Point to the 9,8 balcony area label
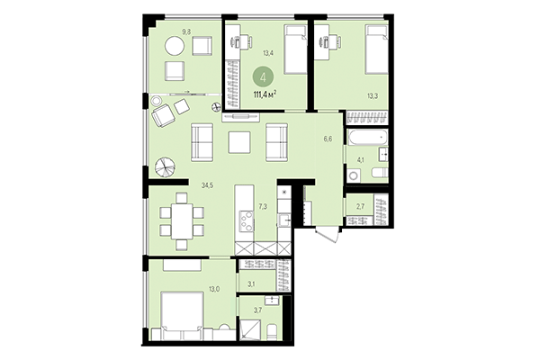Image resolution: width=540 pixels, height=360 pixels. [187, 31]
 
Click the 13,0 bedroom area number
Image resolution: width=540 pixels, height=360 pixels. [212, 288]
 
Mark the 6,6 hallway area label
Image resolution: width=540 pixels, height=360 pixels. [328, 139]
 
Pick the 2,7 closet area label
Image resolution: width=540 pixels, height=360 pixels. [361, 207]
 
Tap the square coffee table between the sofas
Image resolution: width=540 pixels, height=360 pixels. [239, 141]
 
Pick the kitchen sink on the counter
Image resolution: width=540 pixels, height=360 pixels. [283, 217]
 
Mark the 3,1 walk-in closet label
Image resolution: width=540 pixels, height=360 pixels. [253, 285]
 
